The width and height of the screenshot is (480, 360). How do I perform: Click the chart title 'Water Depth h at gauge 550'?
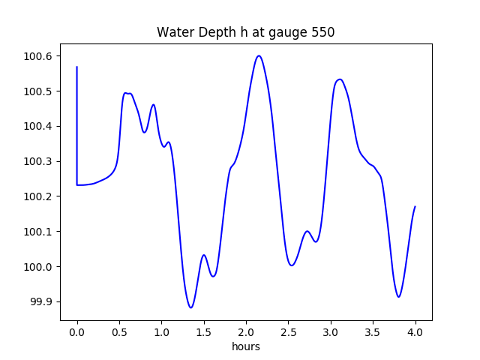[x=245, y=32]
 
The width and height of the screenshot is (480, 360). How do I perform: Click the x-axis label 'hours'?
[x=245, y=347]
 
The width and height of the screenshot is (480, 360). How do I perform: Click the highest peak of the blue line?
[x=259, y=55]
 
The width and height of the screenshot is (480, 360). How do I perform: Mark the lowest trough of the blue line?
[x=191, y=307]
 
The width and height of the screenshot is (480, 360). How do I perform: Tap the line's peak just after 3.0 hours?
[x=340, y=79]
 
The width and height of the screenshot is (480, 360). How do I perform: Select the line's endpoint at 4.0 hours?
[x=415, y=206]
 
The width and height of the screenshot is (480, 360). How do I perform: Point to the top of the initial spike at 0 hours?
[x=77, y=67]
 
